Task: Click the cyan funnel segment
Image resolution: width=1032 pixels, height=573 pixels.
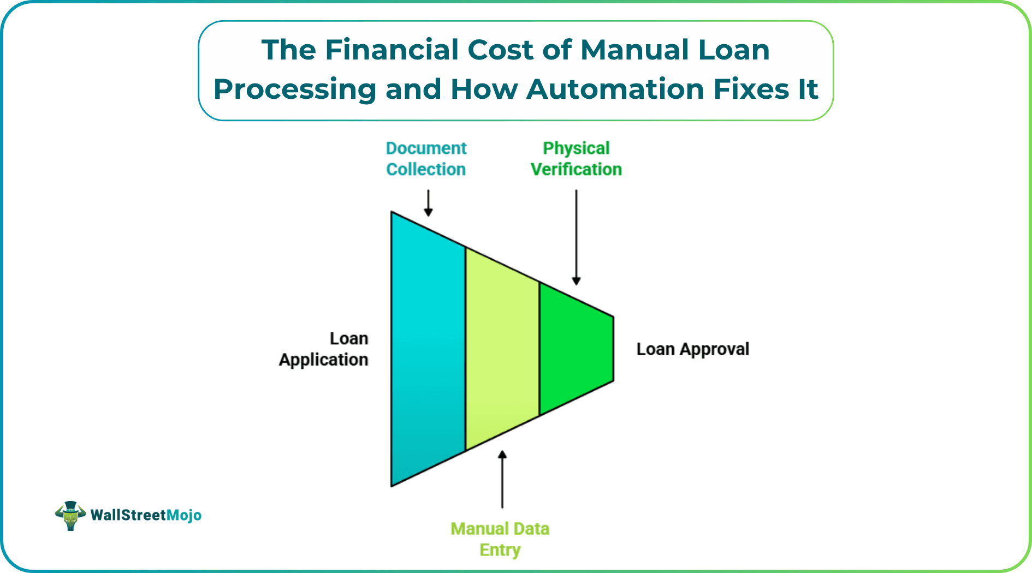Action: pyautogui.click(x=428, y=349)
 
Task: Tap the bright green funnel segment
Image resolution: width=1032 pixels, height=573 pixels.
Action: pyautogui.click(x=576, y=349)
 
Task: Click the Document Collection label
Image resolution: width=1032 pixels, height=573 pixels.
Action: pyautogui.click(x=426, y=159)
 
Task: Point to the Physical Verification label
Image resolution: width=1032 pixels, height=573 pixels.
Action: pyautogui.click(x=576, y=159)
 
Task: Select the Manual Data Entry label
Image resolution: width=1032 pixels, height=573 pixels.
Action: pyautogui.click(x=500, y=539)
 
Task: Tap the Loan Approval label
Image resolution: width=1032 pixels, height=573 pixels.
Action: pyautogui.click(x=692, y=349)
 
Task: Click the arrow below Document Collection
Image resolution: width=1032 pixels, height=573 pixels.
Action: pyautogui.click(x=429, y=203)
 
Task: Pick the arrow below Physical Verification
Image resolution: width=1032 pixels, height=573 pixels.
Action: pyautogui.click(x=576, y=237)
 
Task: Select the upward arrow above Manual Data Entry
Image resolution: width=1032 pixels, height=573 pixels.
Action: pyautogui.click(x=502, y=479)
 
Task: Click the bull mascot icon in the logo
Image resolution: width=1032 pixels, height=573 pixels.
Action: pyautogui.click(x=70, y=516)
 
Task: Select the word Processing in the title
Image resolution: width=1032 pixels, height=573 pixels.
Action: pyautogui.click(x=295, y=89)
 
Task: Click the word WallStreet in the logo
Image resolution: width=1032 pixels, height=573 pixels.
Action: pyautogui.click(x=128, y=515)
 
